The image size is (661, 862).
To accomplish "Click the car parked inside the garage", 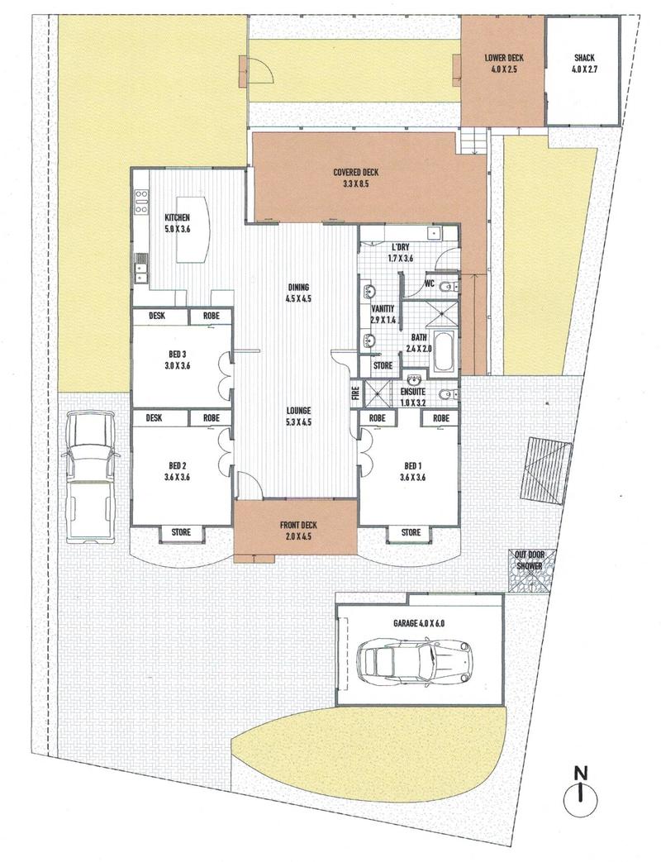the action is (x=415, y=661).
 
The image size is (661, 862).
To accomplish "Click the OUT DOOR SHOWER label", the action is (x=529, y=560).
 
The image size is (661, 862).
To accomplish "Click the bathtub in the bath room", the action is (x=445, y=350).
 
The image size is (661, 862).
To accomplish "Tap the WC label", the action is (x=430, y=283).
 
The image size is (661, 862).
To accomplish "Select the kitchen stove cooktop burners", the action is (x=141, y=201).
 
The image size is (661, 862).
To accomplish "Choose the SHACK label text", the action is (x=584, y=57).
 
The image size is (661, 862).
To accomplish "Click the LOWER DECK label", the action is (x=504, y=57).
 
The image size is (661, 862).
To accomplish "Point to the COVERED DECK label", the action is (x=355, y=173).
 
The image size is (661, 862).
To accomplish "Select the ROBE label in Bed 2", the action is (x=211, y=418).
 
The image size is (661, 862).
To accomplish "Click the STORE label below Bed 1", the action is (x=411, y=532).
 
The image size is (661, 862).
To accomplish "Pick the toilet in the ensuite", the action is (x=449, y=395).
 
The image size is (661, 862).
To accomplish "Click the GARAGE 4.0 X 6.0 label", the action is (x=419, y=623).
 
